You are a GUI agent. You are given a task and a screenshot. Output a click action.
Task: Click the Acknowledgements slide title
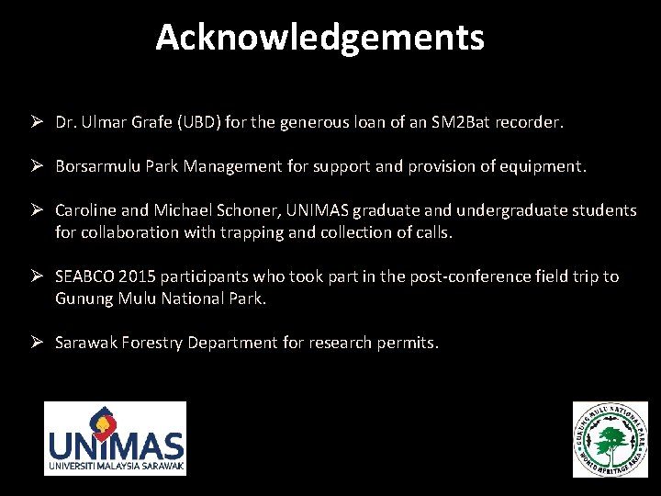coord(319,38)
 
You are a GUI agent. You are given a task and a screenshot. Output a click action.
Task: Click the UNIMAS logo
coord(116,439)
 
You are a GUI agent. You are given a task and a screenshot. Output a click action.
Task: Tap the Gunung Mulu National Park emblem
coord(610,439)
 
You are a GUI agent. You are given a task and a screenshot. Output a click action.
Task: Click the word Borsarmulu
coord(95,166)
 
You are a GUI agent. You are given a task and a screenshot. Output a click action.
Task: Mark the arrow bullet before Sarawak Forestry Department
coord(39,343)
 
